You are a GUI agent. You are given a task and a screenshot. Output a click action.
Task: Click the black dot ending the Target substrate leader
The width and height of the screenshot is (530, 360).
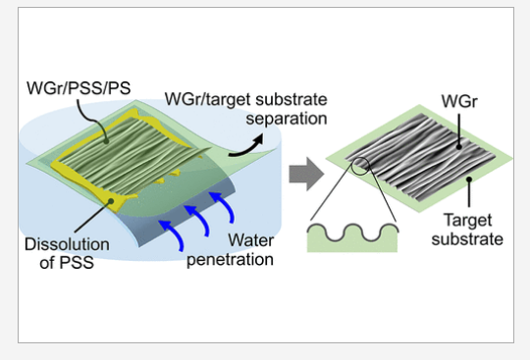click(468, 180)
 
